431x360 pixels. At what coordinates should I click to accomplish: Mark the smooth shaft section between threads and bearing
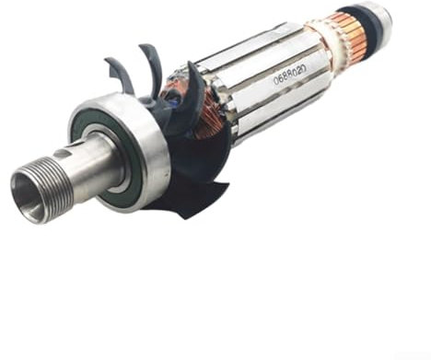click(92, 166)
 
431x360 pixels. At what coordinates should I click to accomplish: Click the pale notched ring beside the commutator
click(322, 46)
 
